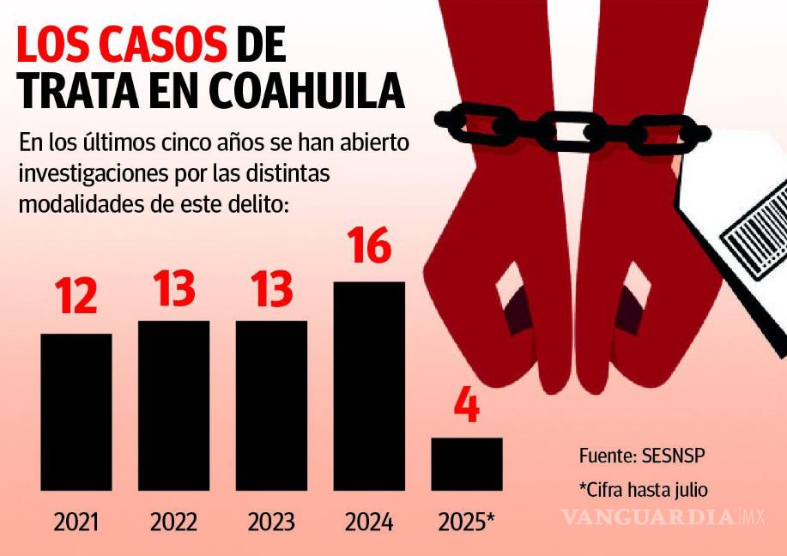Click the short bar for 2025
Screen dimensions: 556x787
[x=466, y=464]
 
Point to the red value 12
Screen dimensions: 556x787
[x=76, y=297]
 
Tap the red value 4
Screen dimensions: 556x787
[x=466, y=408]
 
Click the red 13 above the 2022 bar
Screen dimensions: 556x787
[x=173, y=288]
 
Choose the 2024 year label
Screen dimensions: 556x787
[x=369, y=522]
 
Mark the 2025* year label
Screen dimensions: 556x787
[x=466, y=522]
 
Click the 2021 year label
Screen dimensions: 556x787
[x=76, y=522]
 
